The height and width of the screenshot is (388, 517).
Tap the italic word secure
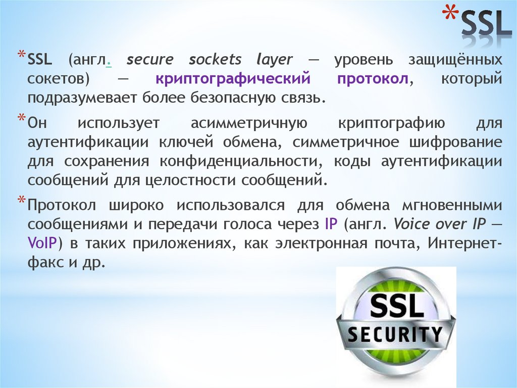coord(150,59)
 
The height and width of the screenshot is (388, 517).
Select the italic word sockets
coord(216,59)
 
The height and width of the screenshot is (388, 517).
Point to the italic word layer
coord(274,60)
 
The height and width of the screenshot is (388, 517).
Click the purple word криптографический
coord(232,79)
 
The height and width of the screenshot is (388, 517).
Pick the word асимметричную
coord(247,123)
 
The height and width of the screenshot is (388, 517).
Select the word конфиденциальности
coord(239,161)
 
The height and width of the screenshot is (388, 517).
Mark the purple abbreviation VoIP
coord(42,243)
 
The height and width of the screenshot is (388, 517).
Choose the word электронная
coord(320,243)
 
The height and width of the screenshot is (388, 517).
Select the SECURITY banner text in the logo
coord(396,334)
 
